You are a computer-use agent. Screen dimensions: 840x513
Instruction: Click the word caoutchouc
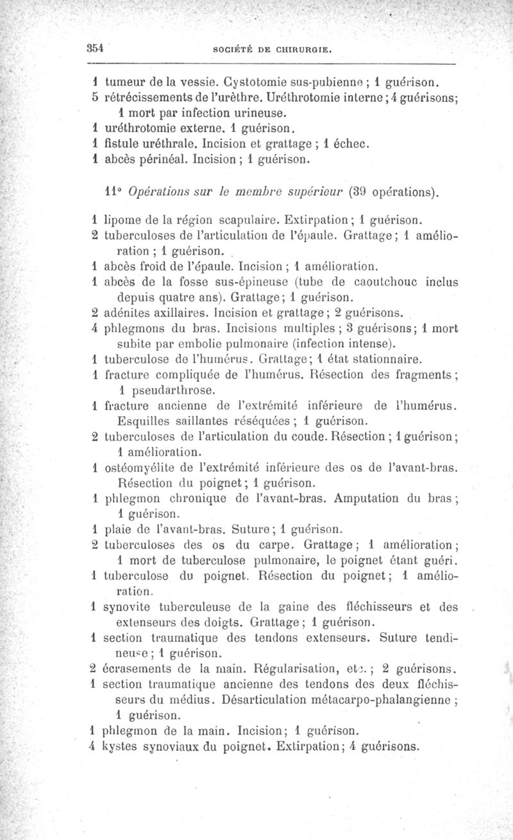[378, 282]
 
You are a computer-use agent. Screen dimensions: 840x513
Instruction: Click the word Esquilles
[144, 421]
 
